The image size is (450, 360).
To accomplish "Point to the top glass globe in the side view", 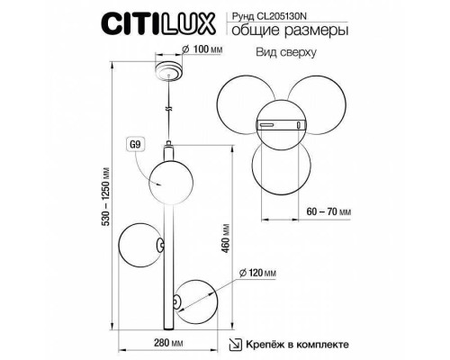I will tap(167, 179).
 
